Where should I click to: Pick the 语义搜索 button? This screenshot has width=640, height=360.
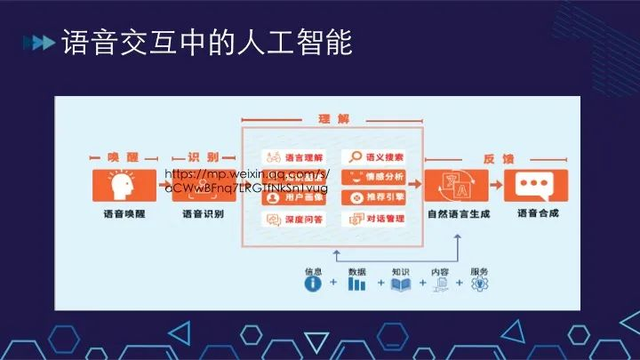point(373,157)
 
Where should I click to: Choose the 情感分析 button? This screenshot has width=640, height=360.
point(373,177)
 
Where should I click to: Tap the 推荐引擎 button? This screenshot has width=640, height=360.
point(373,197)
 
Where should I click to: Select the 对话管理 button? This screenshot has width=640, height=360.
point(373,219)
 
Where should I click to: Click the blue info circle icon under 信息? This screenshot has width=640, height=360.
point(312,284)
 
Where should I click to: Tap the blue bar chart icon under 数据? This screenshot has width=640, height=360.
point(357,284)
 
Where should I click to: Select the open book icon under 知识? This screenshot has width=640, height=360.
point(401,284)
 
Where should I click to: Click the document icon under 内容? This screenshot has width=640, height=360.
point(440,284)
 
